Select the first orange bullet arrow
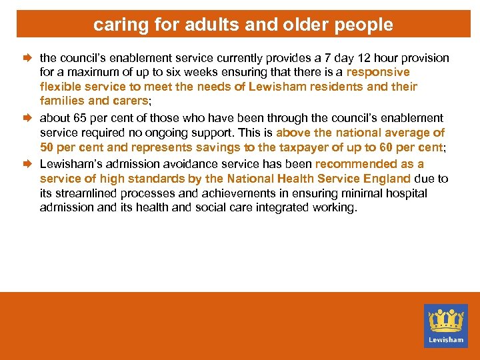30,58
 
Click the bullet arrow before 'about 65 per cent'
30,118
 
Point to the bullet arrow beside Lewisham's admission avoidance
30,163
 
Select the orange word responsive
378,72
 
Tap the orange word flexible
60,87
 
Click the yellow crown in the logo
446,320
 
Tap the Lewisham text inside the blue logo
446,339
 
